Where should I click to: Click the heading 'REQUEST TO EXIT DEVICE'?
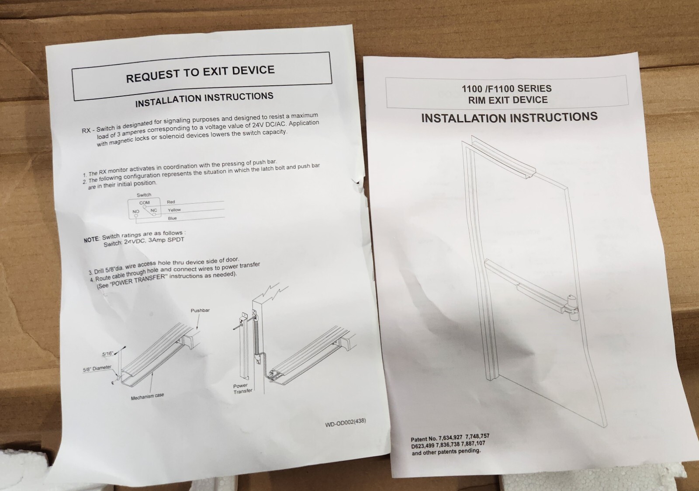[201, 74]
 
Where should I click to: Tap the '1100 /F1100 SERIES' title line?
[506, 88]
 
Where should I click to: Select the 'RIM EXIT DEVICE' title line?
[508, 100]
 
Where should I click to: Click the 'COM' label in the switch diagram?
[144, 203]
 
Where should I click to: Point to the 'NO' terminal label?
[136, 212]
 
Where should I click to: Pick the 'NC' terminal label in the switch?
[153, 210]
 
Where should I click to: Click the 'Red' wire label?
[171, 202]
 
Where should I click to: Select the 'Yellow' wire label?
[174, 210]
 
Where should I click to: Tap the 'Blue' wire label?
[172, 218]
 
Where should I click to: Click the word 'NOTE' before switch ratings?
[91, 240]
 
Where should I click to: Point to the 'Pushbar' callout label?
[200, 310]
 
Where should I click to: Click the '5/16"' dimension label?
[107, 354]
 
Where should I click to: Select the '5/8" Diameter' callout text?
[97, 369]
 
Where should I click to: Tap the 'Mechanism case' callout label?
[147, 397]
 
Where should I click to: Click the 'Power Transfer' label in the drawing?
[242, 388]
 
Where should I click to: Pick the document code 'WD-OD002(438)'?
[346, 423]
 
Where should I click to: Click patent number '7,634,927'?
[450, 438]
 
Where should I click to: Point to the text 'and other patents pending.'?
[446, 452]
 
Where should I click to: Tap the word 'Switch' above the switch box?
[144, 195]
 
